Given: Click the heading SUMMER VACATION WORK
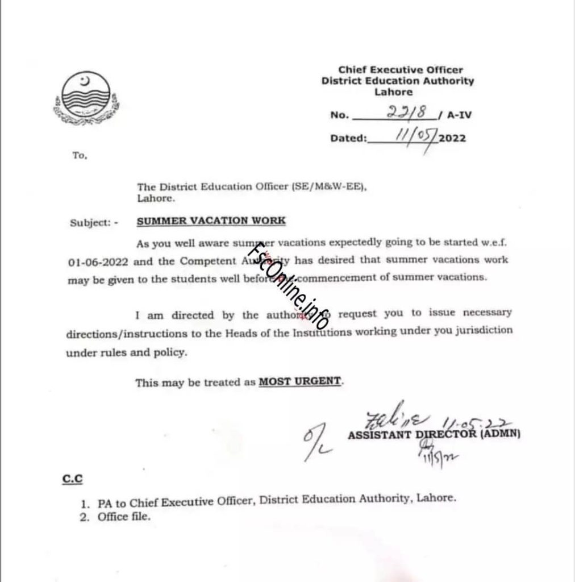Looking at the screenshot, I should click(x=211, y=221).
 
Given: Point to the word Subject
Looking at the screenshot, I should click(x=90, y=223).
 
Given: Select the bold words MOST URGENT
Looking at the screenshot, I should click(x=301, y=382).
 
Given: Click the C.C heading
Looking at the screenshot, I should click(x=73, y=480).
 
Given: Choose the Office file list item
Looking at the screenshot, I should click(x=124, y=517).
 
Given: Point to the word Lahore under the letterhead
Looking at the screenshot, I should click(x=397, y=92).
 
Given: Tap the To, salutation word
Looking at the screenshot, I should click(x=80, y=156).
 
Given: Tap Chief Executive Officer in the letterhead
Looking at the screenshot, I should click(x=401, y=70).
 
